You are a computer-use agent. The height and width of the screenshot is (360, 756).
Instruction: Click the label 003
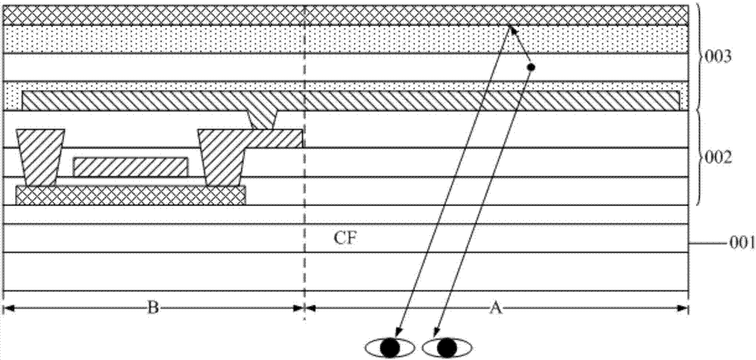pos(719,57)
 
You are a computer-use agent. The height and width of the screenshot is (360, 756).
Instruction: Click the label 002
pos(719,158)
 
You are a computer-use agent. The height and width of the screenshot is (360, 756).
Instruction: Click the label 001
pos(742,244)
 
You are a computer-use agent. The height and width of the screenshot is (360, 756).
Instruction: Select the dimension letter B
pos(153,308)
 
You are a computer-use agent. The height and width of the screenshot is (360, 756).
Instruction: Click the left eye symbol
pos(390,347)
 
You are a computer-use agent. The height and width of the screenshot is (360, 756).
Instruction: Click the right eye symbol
pos(447,347)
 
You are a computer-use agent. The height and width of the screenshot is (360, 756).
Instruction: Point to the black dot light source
pos(531,67)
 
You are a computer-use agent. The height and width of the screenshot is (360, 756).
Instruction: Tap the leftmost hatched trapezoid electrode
pos(41,158)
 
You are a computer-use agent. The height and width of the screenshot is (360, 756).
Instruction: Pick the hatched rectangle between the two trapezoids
pos(130,167)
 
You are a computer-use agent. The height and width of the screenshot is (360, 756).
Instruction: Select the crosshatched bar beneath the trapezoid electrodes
pos(131,195)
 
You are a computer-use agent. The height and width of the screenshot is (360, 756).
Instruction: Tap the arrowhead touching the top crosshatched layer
pos(512,29)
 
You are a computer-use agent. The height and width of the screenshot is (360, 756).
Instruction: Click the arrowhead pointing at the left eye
pos(400,332)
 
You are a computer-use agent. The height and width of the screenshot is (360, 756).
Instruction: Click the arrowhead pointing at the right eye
pos(436,332)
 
